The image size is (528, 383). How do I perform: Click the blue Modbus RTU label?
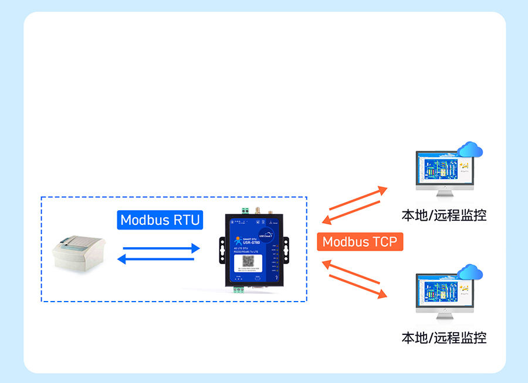[160, 220]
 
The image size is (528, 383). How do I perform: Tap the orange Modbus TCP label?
[360, 242]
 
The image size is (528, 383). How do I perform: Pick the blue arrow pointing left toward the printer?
[156, 259]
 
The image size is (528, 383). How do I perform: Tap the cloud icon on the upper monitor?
[471, 150]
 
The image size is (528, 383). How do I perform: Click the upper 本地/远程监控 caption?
[444, 215]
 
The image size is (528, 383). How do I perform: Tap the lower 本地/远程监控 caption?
[444, 338]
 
